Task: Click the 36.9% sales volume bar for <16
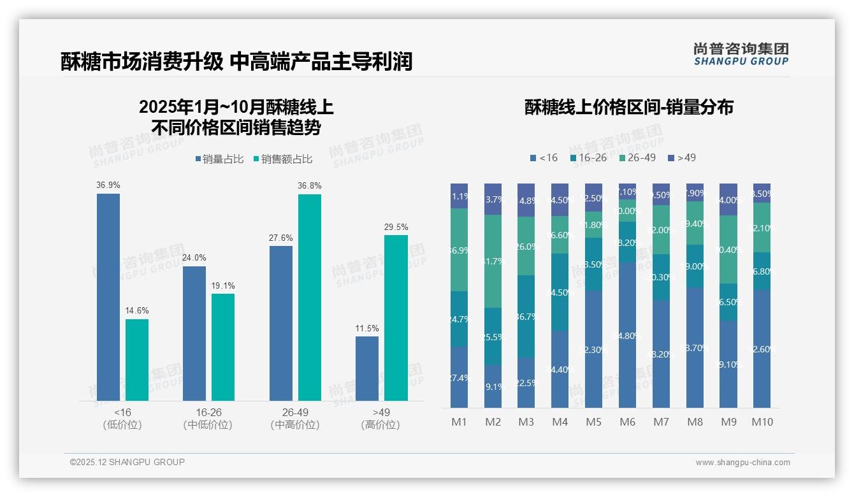pyautogui.click(x=108, y=297)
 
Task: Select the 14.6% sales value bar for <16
pyautogui.click(x=137, y=360)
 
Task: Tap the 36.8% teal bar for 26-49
pyautogui.click(x=310, y=298)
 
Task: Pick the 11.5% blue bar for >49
pyautogui.click(x=367, y=369)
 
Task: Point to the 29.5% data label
pyautogui.click(x=396, y=227)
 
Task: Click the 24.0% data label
pyautogui.click(x=194, y=258)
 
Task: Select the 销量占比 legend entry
pyautogui.click(x=219, y=159)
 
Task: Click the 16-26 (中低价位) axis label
pyautogui.click(x=208, y=419)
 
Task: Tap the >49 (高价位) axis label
pyautogui.click(x=380, y=419)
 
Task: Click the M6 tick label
pyautogui.click(x=628, y=422)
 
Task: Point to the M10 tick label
pyautogui.click(x=762, y=422)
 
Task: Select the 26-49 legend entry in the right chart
pyautogui.click(x=637, y=157)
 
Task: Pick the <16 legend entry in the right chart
pyautogui.click(x=544, y=157)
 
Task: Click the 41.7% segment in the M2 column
pyautogui.click(x=493, y=261)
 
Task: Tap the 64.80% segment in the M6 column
pyautogui.click(x=628, y=335)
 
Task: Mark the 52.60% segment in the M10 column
pyautogui.click(x=762, y=349)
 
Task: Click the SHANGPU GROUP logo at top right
pyautogui.click(x=741, y=54)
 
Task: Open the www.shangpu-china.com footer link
pyautogui.click(x=742, y=463)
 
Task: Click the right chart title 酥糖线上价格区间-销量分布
pyautogui.click(x=628, y=107)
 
